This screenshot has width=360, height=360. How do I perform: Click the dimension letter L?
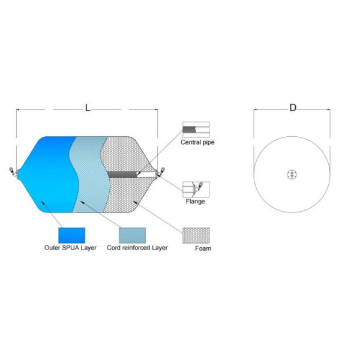(x=88, y=107)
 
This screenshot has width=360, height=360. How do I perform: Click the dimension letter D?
(x=293, y=107)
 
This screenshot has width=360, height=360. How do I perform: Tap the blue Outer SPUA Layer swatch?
(x=71, y=235)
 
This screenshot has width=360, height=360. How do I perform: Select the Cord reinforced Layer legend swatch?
(x=132, y=235)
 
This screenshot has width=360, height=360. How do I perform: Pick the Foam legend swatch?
(x=196, y=235)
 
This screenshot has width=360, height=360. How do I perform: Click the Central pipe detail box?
(x=196, y=130)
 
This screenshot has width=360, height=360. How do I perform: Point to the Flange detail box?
(x=196, y=190)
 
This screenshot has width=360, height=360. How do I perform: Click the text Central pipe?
(x=197, y=142)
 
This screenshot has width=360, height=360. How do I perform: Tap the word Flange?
(x=195, y=202)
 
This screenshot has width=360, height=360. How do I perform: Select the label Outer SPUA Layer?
(x=70, y=248)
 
